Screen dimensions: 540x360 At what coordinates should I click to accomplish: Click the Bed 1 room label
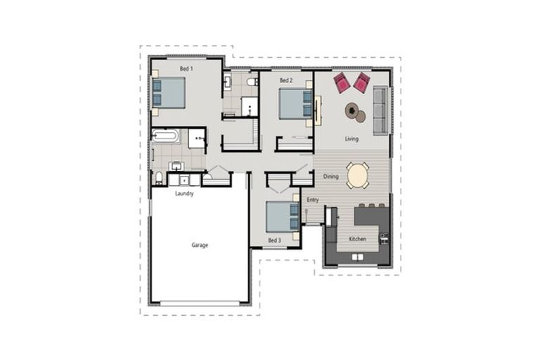click(186, 69)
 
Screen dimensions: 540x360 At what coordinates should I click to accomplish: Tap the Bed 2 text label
click(286, 80)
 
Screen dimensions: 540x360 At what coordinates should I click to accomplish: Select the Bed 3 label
click(274, 240)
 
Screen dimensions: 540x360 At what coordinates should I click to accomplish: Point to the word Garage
click(200, 245)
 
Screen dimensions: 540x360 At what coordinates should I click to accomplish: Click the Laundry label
click(184, 193)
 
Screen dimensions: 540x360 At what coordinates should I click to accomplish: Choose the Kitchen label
click(357, 239)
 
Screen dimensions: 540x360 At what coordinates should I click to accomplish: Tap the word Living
click(352, 139)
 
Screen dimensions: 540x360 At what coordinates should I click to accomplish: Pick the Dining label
click(330, 176)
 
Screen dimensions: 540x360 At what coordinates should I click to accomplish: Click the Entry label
click(313, 200)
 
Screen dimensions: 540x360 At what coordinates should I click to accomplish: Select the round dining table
click(358, 176)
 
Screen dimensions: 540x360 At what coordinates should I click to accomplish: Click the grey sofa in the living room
click(380, 110)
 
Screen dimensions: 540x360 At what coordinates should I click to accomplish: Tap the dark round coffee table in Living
click(352, 111)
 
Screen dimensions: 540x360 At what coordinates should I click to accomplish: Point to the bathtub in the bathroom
click(166, 136)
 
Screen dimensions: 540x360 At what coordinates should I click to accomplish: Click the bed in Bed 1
click(169, 93)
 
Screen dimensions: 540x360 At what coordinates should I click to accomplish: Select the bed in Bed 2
click(295, 103)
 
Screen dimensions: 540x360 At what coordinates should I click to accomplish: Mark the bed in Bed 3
click(283, 217)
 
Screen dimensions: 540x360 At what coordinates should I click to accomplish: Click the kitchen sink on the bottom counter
click(357, 257)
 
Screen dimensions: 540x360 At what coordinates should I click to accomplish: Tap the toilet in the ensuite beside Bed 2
click(252, 82)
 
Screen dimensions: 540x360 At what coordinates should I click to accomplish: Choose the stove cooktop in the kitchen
click(384, 238)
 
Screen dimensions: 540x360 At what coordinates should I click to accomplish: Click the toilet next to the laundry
click(159, 178)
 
